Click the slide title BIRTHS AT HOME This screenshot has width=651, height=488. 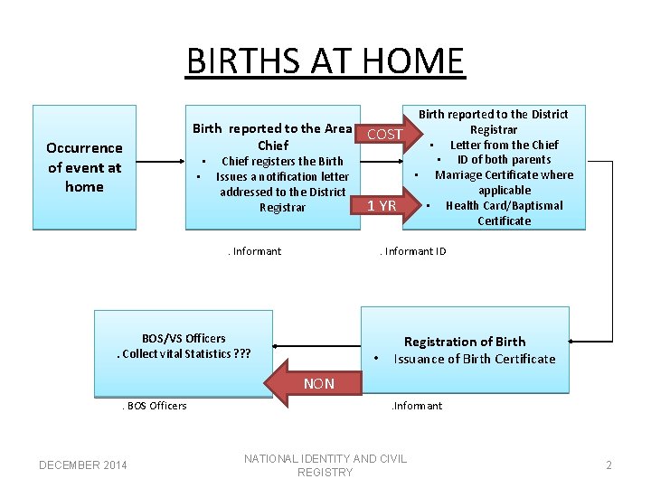tap(325, 61)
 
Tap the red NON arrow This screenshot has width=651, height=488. tap(321, 383)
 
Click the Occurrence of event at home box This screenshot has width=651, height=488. tap(84, 167)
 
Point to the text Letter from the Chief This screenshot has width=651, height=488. tap(504, 145)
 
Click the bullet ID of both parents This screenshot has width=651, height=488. tap(504, 160)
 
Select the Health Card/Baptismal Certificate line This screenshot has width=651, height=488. tap(504, 212)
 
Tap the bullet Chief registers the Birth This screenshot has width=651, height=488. tap(282, 161)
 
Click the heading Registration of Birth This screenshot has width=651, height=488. tap(464, 342)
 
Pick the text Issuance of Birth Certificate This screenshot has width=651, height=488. tap(475, 359)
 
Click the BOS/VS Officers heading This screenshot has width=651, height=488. tap(184, 338)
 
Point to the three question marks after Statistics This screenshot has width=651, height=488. tap(241, 353)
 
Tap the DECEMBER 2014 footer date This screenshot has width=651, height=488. tap(82, 465)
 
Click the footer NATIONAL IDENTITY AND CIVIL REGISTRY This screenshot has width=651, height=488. tap(325, 465)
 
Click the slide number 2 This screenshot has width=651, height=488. tap(609, 465)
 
